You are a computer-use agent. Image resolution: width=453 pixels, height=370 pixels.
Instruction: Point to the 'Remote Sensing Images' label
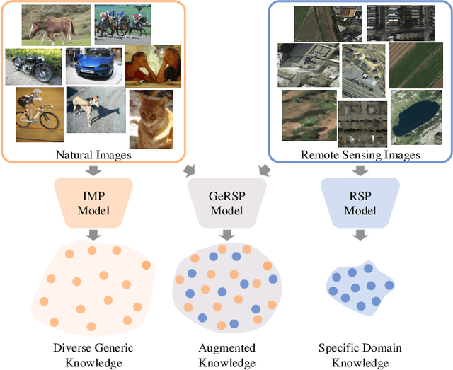point(362,154)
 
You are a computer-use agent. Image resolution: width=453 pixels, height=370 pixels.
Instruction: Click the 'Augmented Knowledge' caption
point(226,355)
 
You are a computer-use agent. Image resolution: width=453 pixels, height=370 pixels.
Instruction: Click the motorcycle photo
point(33,67)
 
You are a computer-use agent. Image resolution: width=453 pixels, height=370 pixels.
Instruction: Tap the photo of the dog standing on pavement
point(96,110)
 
